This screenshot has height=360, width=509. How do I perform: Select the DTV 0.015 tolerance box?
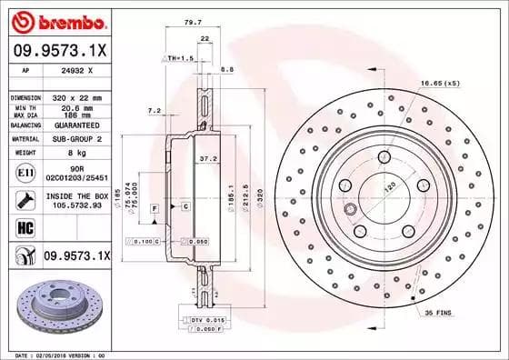coord(208,321)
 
